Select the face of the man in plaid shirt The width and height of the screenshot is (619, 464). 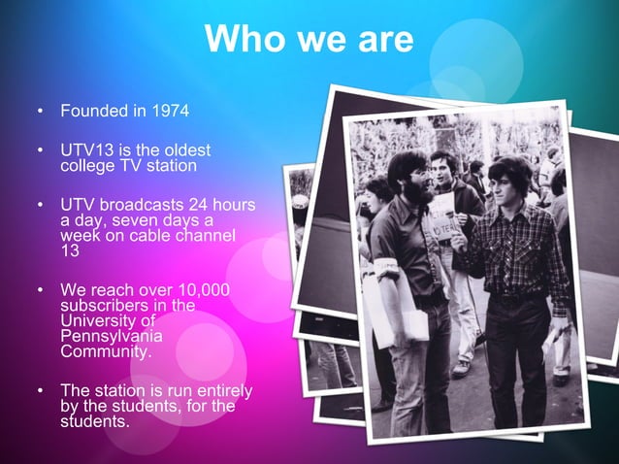pyautogui.click(x=505, y=188)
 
